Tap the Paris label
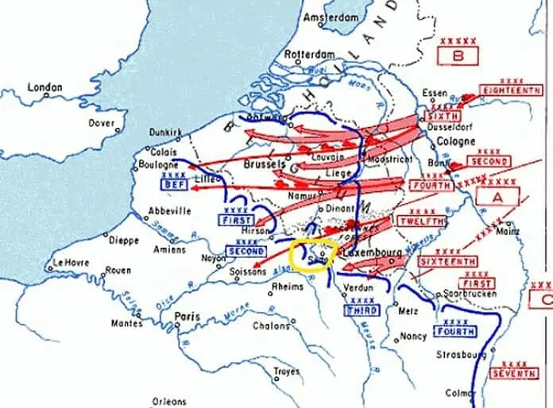tap(187, 316)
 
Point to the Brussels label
tap(265, 165)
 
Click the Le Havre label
tap(70, 263)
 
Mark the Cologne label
tap(456, 141)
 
